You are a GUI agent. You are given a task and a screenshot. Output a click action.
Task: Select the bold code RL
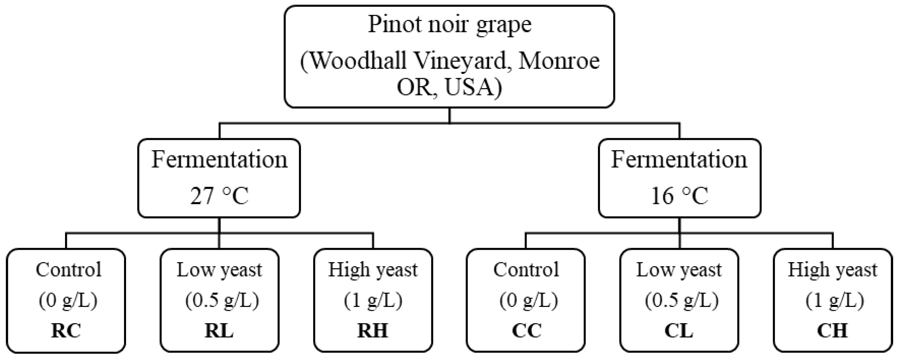click(219, 330)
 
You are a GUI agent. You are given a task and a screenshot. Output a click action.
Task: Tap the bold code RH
click(373, 330)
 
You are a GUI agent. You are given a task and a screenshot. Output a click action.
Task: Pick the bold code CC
click(527, 330)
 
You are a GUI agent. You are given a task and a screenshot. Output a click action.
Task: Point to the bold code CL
click(679, 330)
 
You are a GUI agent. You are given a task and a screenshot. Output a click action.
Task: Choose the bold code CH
click(832, 330)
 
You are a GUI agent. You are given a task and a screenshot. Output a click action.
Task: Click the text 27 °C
click(219, 196)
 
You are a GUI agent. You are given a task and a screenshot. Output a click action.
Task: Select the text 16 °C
click(680, 196)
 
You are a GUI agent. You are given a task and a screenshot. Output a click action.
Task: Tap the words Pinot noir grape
click(449, 25)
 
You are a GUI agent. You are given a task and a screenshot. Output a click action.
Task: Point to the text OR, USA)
click(449, 87)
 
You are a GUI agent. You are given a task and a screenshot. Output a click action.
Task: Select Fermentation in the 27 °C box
click(219, 160)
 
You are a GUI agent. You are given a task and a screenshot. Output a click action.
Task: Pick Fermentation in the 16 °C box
click(679, 160)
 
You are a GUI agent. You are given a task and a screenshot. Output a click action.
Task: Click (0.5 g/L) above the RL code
click(222, 300)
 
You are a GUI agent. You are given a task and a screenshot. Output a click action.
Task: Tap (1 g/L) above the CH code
click(835, 300)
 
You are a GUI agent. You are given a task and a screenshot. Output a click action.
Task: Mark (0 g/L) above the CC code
click(528, 300)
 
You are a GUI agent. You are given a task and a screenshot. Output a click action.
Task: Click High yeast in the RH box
click(373, 270)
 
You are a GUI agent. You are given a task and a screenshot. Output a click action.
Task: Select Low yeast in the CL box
click(679, 270)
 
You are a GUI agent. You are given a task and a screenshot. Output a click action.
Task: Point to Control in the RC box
click(69, 270)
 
